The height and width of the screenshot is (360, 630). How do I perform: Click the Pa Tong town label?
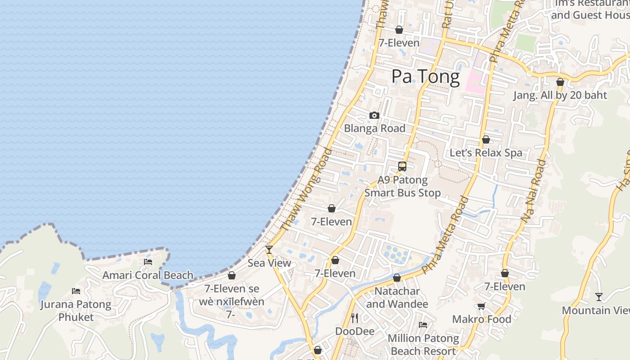coord(425,76)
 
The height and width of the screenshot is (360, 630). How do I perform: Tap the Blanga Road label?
coord(374,128)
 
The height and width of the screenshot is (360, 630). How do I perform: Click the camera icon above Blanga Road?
coord(374,116)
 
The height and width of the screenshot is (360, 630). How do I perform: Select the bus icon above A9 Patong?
coord(402,166)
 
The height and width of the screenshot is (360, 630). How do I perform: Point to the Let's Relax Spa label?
coord(486,153)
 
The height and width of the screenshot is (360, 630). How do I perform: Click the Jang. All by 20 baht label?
coord(560,95)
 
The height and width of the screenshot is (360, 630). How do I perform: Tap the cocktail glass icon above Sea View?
coord(269,249)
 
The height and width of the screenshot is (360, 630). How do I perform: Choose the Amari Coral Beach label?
coord(148,275)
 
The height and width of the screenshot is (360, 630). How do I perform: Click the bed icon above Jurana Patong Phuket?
coord(76,291)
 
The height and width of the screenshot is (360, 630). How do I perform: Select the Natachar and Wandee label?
coord(397,297)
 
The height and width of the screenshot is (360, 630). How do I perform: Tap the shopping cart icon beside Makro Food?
coord(481,306)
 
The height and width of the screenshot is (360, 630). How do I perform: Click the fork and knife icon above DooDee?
coord(355,318)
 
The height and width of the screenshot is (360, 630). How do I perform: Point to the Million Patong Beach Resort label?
coord(423,344)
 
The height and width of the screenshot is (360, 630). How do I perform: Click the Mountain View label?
coord(595,310)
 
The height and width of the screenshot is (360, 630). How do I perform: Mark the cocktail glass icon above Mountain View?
coord(598,297)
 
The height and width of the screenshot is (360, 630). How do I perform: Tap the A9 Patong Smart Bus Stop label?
coord(402,186)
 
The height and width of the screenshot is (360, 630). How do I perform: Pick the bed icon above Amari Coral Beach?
coord(148,262)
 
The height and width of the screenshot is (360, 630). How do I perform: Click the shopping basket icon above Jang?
coord(560,82)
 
